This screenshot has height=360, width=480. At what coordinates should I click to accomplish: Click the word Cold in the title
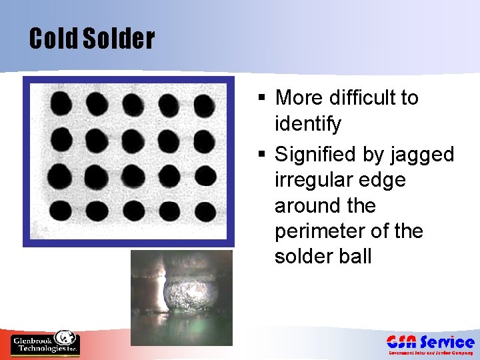pos(53,39)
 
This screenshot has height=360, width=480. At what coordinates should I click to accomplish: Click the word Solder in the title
pos(119,39)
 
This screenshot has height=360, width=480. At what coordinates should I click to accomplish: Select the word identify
pos(307,124)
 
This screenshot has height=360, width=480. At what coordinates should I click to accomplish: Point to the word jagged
pos(423,155)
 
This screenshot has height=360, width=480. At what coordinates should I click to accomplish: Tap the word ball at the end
pos(356,257)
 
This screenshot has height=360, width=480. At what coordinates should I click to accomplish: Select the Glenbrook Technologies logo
pos(45,343)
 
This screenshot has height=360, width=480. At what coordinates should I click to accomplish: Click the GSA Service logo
pos(430,344)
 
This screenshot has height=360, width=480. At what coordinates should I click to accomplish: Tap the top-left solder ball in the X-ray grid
pos(61,103)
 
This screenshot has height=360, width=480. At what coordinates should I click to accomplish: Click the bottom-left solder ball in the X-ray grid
pos(61,210)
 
